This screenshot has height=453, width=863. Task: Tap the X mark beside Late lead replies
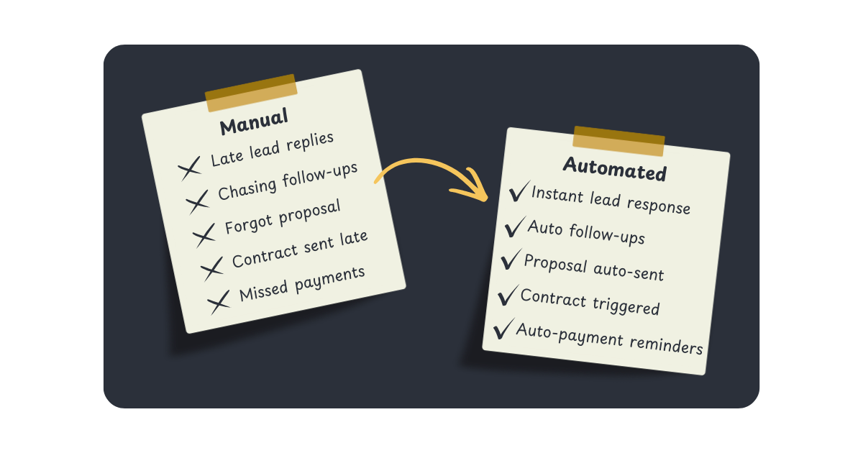click(x=190, y=170)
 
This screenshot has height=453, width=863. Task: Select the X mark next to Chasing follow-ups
click(x=197, y=203)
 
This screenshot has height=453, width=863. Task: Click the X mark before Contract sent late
click(x=211, y=270)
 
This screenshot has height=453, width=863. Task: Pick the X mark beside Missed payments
click(x=219, y=302)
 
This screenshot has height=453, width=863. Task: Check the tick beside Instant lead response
click(x=518, y=193)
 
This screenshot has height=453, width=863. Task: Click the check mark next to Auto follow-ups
click(x=514, y=227)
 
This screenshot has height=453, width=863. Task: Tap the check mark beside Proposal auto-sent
click(x=511, y=260)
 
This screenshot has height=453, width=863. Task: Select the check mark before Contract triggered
click(x=507, y=294)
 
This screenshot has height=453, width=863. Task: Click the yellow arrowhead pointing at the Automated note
click(x=471, y=188)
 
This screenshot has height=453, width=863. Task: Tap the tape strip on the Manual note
click(x=251, y=93)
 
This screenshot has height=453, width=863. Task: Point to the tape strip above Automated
click(x=618, y=141)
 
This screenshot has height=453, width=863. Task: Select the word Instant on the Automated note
click(x=557, y=195)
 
